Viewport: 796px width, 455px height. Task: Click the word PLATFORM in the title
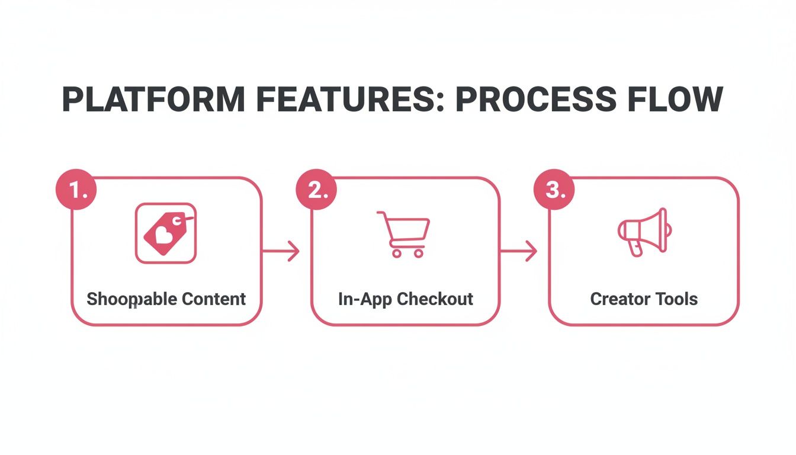153,99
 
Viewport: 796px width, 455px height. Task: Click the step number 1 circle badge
76,190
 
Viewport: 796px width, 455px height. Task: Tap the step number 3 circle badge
554,190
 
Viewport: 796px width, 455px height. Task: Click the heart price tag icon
166,233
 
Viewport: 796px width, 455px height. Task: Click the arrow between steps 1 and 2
281,251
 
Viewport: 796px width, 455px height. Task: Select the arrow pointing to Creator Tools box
519,251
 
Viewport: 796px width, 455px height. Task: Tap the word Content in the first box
214,299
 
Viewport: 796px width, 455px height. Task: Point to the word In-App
365,299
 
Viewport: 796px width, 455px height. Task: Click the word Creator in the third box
616,299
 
